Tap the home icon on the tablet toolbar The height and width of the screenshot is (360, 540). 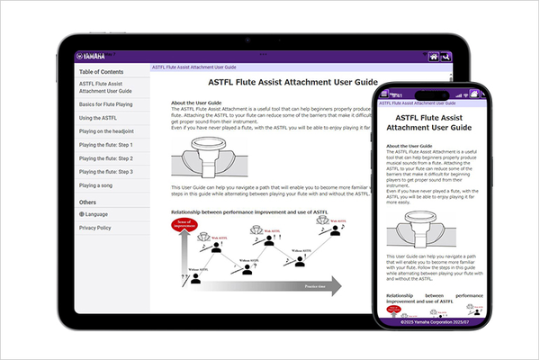tap(434, 57)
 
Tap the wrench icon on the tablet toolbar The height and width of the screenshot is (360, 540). tap(446, 57)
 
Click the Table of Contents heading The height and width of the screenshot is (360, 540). tap(102, 72)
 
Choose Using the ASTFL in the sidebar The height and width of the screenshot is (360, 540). tap(97, 118)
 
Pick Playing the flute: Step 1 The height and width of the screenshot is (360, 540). tap(106, 145)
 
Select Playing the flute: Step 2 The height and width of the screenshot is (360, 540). tap(106, 158)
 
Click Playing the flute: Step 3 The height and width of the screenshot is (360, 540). tap(106, 171)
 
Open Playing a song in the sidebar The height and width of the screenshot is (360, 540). tap(96, 184)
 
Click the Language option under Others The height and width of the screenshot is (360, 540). tap(96, 214)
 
